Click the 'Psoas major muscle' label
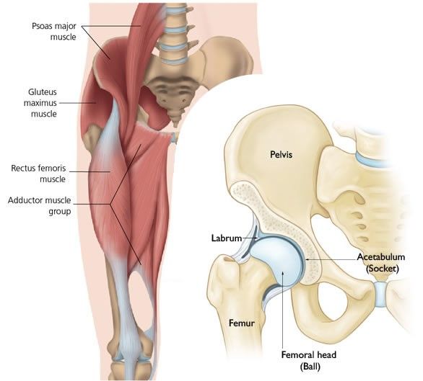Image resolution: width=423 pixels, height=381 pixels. tap(54, 31)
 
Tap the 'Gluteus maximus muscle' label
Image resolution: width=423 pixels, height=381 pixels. tap(40, 103)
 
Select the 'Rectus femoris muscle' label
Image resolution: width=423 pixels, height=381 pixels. tap(38, 174)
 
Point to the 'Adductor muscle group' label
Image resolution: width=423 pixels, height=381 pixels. tap(40, 206)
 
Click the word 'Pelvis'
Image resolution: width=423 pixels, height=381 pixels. tap(281, 155)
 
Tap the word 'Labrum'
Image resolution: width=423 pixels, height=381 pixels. tap(227, 238)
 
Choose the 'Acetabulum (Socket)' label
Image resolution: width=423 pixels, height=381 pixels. tap(381, 263)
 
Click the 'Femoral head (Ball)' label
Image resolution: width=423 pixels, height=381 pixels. tap(309, 360)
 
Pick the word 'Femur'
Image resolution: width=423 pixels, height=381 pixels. tap(241, 323)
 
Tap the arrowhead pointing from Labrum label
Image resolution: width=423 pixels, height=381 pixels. tap(256, 238)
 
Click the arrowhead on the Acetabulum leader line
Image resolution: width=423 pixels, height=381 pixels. tap(308, 259)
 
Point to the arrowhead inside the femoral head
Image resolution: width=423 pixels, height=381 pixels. tap(283, 273)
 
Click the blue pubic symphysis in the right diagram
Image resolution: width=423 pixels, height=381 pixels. tap(381, 295)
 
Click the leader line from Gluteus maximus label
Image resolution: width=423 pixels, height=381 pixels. tap(77, 102)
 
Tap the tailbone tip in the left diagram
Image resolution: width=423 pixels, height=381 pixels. tap(176, 125)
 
